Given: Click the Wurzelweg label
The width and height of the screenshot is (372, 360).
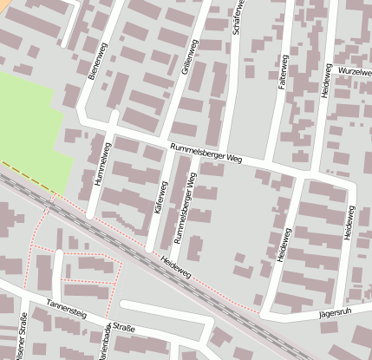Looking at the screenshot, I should pos(355,69).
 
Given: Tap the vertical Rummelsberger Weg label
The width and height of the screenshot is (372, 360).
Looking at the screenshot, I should pos(185,207).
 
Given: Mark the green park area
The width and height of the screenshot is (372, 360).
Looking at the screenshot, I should pos(30,130).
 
